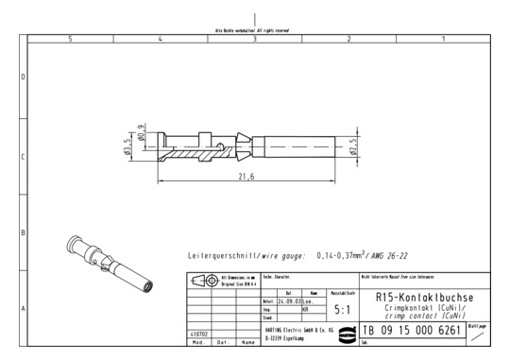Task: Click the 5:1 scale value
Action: coord(344,307)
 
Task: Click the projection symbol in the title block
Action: coord(201,281)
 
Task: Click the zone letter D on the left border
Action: coord(23,76)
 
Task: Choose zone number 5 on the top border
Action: coord(71,39)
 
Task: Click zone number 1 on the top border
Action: coord(443,39)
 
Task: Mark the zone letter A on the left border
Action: coord(23,308)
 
